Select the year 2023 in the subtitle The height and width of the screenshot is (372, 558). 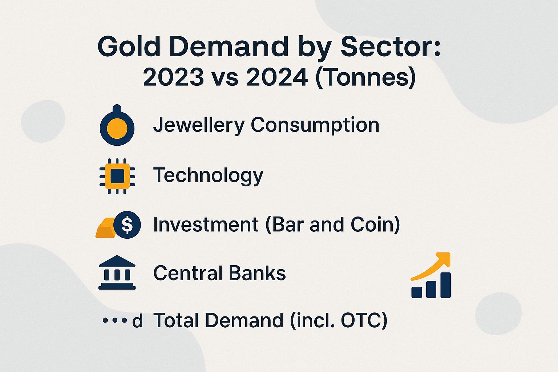pyautogui.click(x=173, y=77)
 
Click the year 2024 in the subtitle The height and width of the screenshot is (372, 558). pyautogui.click(x=277, y=77)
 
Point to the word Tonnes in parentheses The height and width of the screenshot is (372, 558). pyautogui.click(x=365, y=77)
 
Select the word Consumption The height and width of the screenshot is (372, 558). pyautogui.click(x=315, y=125)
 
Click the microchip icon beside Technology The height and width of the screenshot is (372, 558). pyautogui.click(x=117, y=176)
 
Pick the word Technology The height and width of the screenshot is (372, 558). pyautogui.click(x=208, y=175)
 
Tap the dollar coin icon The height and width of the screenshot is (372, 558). pyautogui.click(x=127, y=225)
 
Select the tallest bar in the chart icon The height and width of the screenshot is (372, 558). pyautogui.click(x=445, y=285)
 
